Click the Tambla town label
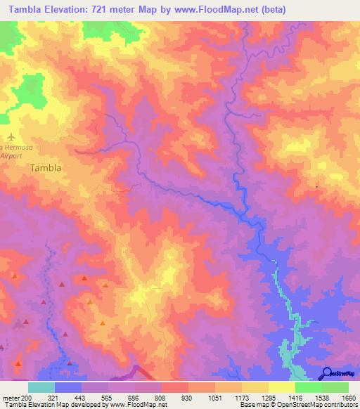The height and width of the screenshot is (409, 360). coord(46,168)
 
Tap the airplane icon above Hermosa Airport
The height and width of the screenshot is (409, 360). coord(10,136)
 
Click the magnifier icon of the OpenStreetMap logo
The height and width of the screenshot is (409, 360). coord(326,373)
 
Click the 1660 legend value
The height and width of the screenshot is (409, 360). coord(349,397)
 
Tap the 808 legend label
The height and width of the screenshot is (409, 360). coord(162,397)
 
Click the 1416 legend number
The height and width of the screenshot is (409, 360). coord(295,397)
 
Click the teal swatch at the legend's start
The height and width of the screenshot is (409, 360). coord(41,387)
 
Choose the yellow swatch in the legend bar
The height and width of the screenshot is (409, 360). coord(281,387)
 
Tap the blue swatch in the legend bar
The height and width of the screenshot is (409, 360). coord(68,387)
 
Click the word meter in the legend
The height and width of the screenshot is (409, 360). coord(9,397)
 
